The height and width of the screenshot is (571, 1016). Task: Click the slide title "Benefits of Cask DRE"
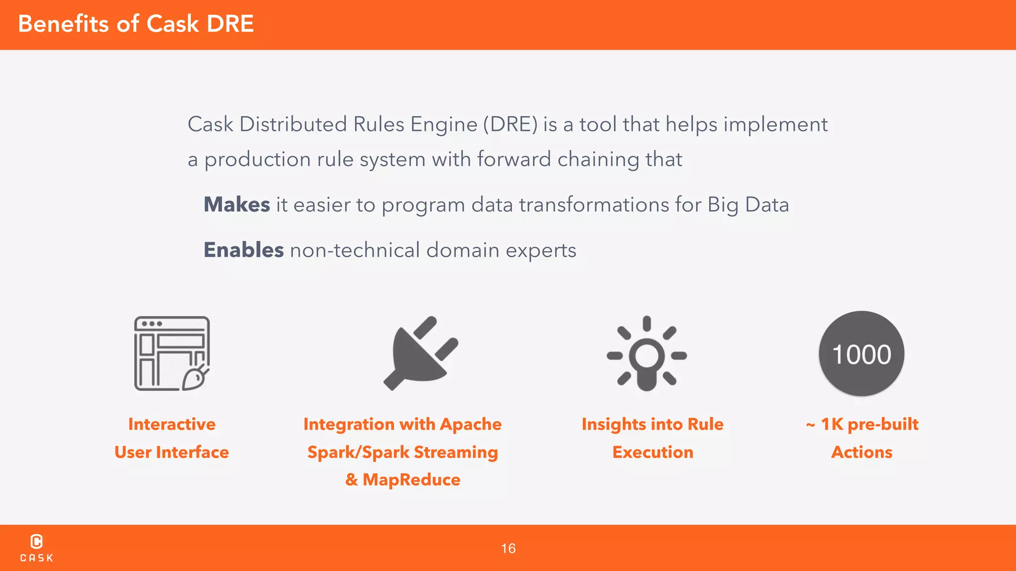coord(136,24)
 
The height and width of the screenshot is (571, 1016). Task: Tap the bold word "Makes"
coord(237,205)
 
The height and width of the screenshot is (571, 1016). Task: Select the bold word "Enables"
coord(244,250)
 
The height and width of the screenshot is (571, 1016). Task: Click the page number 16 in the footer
coord(508,549)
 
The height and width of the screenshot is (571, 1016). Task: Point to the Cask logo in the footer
coord(36,548)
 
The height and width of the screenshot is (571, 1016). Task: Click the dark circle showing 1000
coord(861,354)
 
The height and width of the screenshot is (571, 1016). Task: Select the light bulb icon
coord(646,354)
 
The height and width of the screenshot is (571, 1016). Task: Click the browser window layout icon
coord(172,353)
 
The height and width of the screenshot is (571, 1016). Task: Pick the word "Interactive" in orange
coord(172,424)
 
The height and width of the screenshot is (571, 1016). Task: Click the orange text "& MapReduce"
coord(403,480)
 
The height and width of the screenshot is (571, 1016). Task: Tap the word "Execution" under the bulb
coord(652,452)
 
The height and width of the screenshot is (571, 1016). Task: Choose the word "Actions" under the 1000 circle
coord(862,452)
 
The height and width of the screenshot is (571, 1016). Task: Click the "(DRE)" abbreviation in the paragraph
coord(510,124)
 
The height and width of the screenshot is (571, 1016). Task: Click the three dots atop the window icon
coord(151,324)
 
